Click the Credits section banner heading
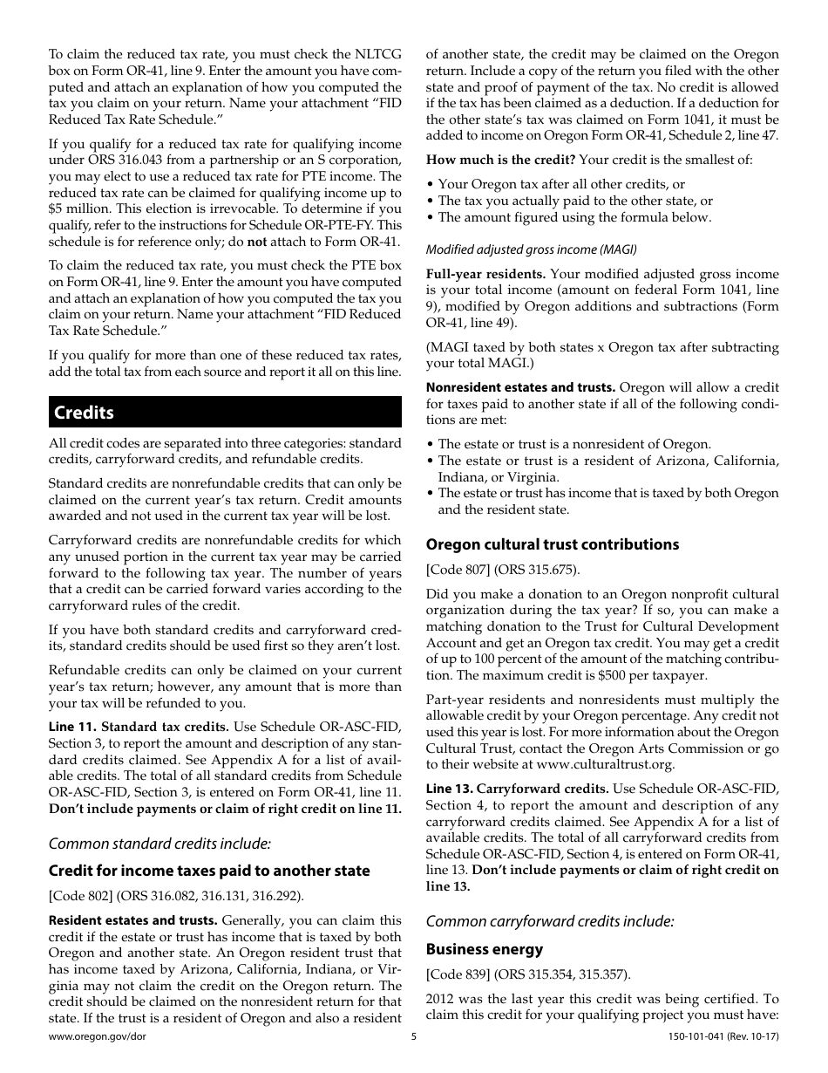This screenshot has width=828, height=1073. (85, 413)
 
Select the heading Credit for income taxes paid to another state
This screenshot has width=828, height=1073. (209, 871)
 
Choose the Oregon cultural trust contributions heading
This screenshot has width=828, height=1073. (552, 544)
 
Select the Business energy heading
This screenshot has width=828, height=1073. (484, 949)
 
